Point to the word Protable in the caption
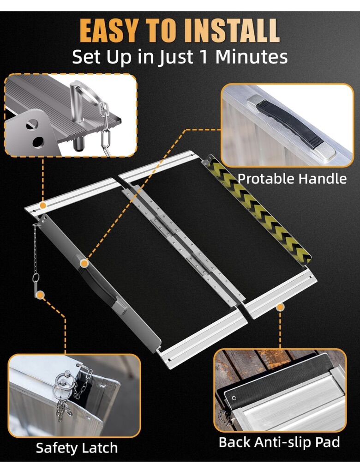[266, 179]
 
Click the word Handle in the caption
[323, 179]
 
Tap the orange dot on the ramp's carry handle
[84, 263]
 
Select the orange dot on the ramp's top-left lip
[43, 205]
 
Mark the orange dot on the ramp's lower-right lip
[280, 307]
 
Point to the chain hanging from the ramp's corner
[36, 252]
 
